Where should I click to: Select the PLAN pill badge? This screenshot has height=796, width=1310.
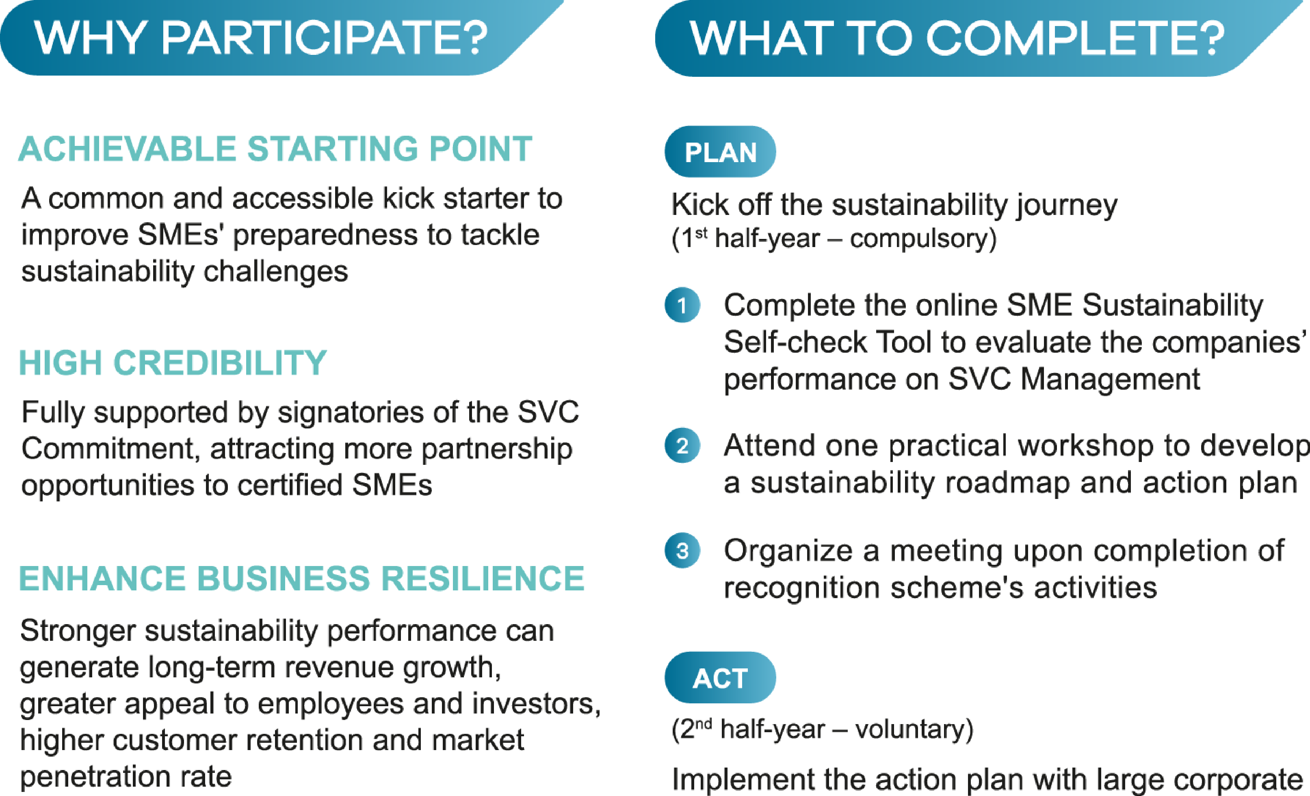point(720,152)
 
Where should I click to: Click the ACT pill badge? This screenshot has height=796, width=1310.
point(720,677)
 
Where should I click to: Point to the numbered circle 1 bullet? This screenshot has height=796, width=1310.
point(682,305)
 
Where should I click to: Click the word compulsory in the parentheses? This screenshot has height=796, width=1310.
point(918,239)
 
